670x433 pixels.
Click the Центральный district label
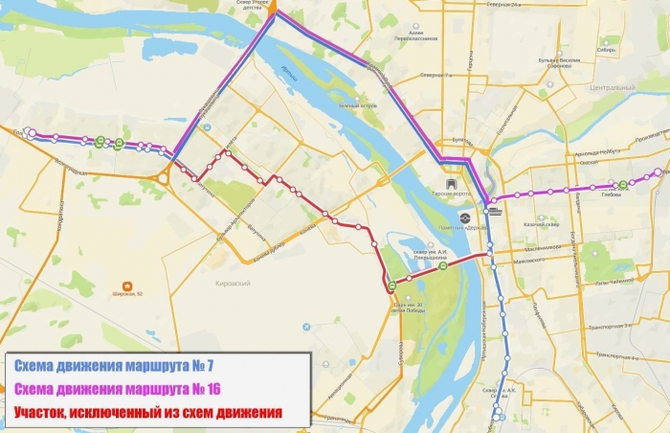tap(613, 88)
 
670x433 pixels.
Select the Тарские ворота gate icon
tap(452, 180)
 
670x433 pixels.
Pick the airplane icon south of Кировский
tap(306, 327)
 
